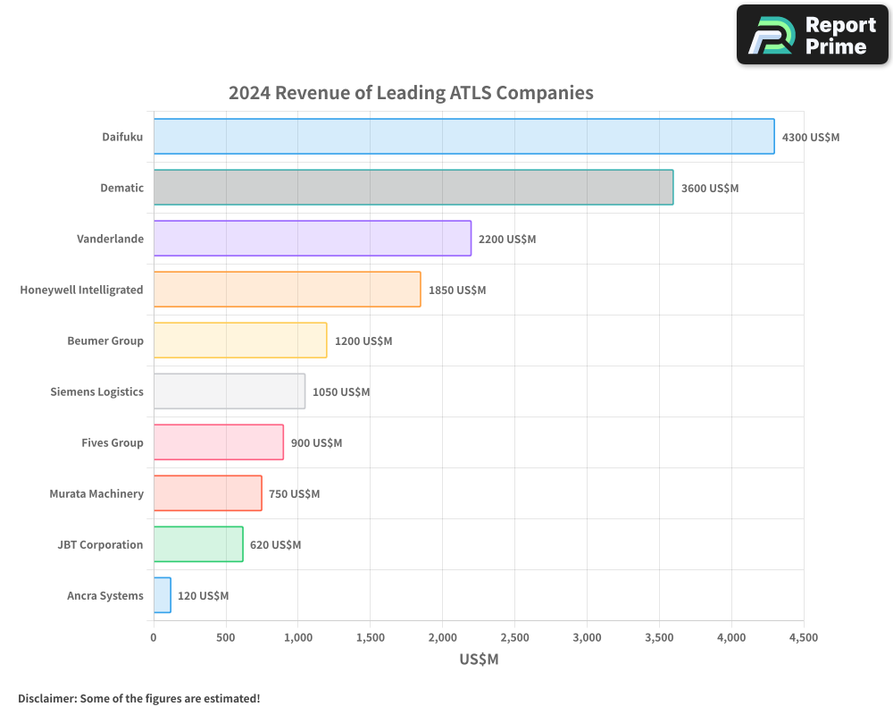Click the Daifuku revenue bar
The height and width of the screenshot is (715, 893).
point(463,137)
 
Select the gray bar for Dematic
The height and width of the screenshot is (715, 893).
point(413,188)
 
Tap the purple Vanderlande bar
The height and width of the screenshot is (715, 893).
point(312,239)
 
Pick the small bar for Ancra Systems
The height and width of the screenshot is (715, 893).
point(162,595)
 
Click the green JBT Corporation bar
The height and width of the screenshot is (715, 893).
point(198,544)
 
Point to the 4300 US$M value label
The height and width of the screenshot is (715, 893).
point(810,138)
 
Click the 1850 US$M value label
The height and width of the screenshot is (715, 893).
point(456,290)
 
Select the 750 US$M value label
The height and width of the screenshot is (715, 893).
point(294,494)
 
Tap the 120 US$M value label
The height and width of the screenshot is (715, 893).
point(203,596)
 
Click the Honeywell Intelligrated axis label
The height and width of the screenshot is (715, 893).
point(81,290)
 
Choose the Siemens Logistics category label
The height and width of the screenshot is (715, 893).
point(96,391)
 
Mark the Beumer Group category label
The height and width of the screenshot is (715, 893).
point(105,341)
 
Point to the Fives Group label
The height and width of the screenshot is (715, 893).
point(112,442)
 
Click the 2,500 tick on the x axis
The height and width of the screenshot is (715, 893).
point(514,637)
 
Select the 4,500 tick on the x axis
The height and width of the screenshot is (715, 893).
point(803,637)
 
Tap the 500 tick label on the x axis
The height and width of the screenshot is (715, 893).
point(226,637)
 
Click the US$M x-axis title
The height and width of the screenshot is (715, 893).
point(479,660)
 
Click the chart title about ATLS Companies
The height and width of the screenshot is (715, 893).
point(411,92)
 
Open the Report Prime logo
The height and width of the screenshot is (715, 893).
point(812,35)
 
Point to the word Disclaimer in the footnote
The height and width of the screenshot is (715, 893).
point(46,698)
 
